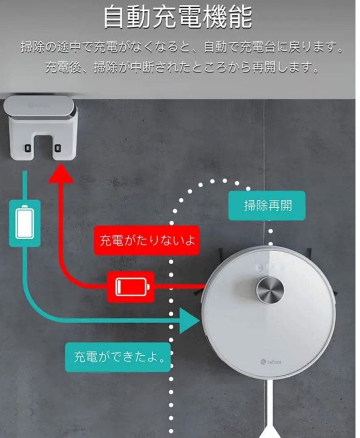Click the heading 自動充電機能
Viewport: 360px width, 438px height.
[178, 17]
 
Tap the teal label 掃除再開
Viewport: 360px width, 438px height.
[267, 206]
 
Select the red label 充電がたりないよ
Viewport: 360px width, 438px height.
[147, 240]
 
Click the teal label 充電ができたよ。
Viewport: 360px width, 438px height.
[118, 357]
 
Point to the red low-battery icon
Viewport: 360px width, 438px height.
[131, 286]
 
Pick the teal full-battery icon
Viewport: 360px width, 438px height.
[25, 223]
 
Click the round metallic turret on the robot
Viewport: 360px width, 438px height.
[270, 290]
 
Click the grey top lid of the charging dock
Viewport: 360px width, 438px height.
[39, 106]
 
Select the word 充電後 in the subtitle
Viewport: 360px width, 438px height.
[63, 67]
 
